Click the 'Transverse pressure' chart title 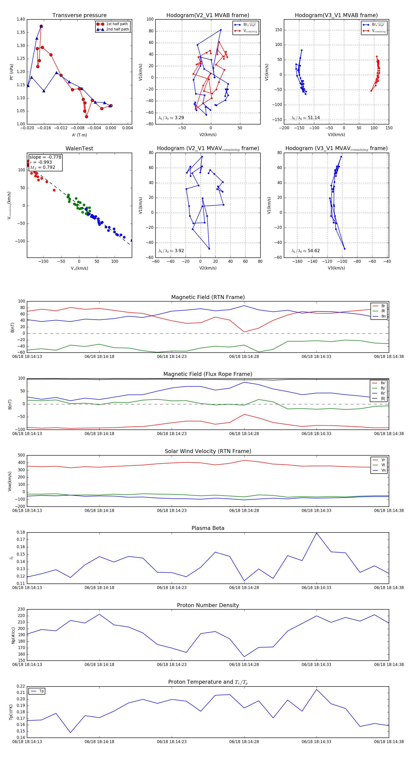point(79,15)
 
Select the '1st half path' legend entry point(117,24)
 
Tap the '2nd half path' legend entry point(117,29)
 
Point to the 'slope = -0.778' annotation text point(45,157)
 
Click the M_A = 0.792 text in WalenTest point(42,167)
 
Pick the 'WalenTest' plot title point(79,148)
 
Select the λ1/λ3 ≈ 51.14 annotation point(306,118)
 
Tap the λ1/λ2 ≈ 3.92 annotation point(171,251)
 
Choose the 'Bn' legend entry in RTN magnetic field point(383,316)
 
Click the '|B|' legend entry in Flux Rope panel point(383,399)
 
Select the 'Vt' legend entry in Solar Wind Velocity point(383,465)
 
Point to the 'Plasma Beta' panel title point(208,528)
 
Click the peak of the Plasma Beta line point(317,533)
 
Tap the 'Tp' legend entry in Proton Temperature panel point(41,691)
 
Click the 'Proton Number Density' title point(208,605)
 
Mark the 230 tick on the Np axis point(21,609)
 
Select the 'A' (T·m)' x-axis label point(79,135)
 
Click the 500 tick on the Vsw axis point(21,455)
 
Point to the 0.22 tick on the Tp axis point(21,686)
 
